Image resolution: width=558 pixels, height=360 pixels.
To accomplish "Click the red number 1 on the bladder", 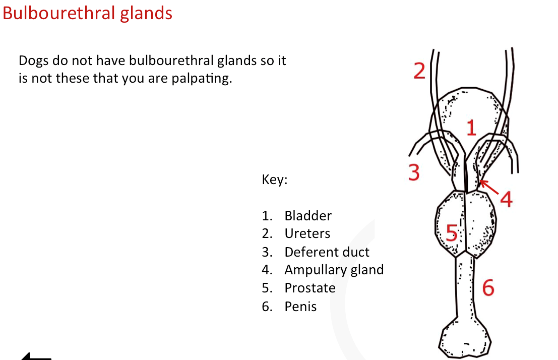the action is [471, 128].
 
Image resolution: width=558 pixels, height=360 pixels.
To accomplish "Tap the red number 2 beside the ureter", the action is [419, 71].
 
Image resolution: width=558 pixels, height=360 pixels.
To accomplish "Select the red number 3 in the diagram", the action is [414, 172].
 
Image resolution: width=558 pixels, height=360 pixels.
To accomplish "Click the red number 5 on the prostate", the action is [452, 233].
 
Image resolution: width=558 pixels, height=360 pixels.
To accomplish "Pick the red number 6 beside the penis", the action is [488, 287].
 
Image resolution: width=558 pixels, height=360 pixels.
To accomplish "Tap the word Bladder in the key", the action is [308, 216].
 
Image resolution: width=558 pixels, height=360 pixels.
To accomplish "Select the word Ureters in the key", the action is [307, 233].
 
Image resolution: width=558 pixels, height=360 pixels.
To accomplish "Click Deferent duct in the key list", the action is [327, 252].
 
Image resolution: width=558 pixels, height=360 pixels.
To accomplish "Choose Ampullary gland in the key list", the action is [334, 270].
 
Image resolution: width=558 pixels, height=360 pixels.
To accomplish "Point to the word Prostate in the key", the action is [310, 288].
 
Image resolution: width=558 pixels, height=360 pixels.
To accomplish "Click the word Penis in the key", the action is [300, 306].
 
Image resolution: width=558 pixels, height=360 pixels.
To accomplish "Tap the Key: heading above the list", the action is [274, 179].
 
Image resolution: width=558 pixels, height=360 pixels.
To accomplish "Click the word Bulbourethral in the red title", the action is [59, 13].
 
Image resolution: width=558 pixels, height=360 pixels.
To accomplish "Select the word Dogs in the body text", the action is [33, 61].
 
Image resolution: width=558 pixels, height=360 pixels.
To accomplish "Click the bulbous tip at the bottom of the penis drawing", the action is [464, 338].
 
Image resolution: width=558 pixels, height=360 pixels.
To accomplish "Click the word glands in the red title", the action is [146, 13].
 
